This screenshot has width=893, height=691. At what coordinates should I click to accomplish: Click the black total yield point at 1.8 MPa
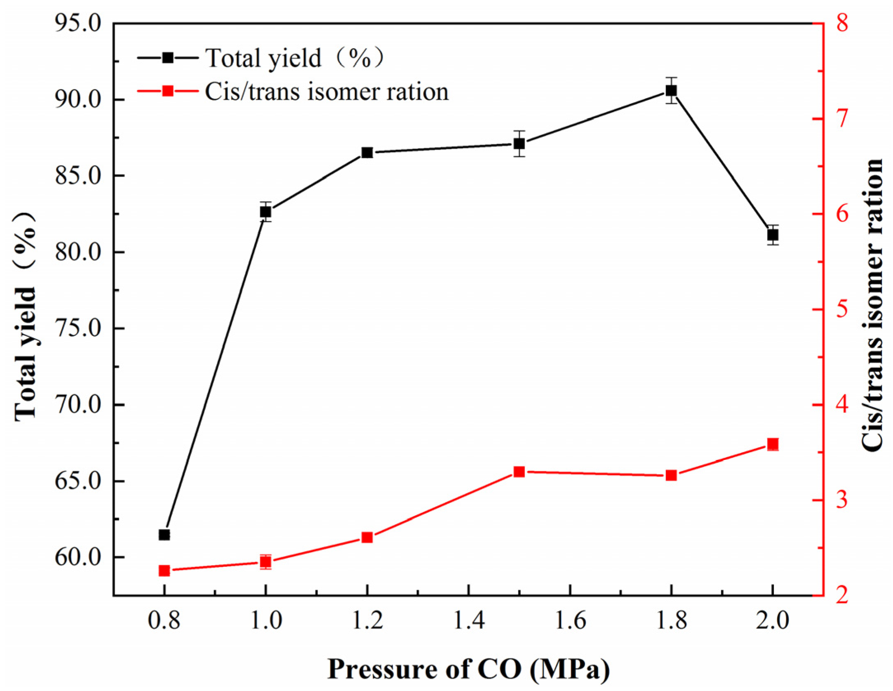[x=671, y=90]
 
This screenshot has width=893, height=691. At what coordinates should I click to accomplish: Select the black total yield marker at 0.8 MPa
[x=164, y=535]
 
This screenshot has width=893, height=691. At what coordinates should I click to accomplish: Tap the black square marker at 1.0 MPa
[x=266, y=212]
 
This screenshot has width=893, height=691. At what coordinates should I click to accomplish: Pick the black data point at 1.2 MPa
[x=367, y=153]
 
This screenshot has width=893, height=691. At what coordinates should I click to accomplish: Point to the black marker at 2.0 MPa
[x=773, y=235]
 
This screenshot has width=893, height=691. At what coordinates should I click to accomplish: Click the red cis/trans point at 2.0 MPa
[x=773, y=444]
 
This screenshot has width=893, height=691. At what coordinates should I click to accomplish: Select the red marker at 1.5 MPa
[x=519, y=472]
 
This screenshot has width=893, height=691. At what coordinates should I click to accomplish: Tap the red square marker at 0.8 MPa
[x=164, y=571]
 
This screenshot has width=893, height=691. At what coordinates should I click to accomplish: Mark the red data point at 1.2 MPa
[x=367, y=537]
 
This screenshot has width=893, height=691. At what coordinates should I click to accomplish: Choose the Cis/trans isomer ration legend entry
[x=326, y=91]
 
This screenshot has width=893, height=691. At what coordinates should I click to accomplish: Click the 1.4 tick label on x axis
[x=469, y=620]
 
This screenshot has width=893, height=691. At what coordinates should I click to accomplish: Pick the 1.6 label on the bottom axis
[x=570, y=620]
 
